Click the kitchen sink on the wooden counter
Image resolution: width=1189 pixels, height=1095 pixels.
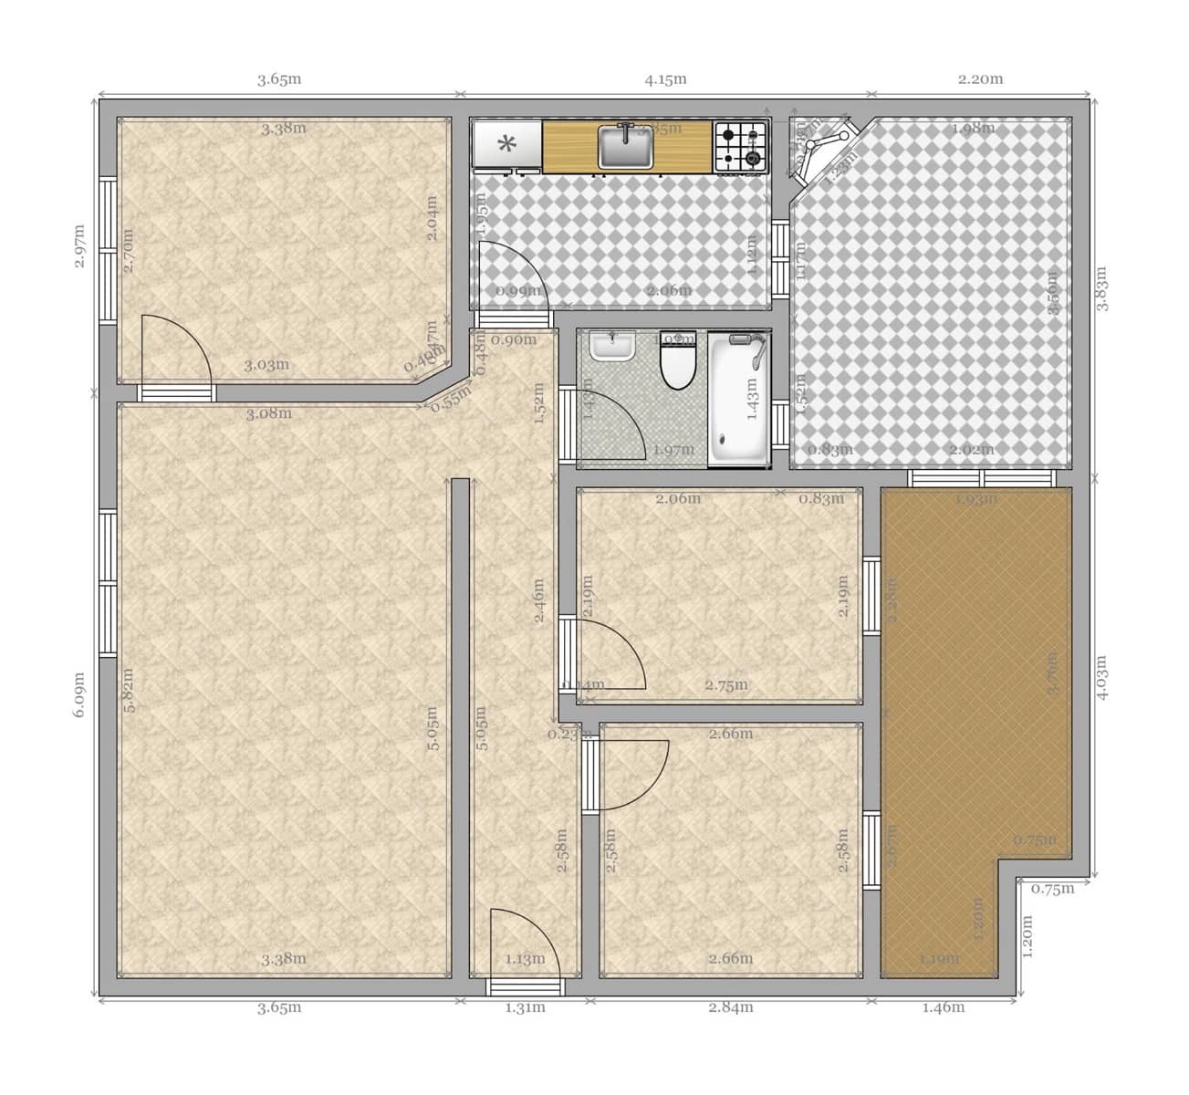pos(626,146)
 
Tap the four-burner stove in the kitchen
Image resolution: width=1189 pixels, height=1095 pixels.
pos(740,147)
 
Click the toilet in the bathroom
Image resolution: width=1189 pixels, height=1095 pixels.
pos(677,362)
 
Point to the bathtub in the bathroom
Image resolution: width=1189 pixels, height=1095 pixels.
pos(738,399)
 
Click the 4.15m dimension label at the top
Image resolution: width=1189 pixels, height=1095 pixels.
pos(665,79)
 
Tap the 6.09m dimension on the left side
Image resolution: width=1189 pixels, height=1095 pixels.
pos(78,695)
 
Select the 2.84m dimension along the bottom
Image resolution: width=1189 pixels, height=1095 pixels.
pos(731,1007)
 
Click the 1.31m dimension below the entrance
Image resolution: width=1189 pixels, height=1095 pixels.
pos(525,1007)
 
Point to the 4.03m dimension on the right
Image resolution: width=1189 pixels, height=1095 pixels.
pos(1101,677)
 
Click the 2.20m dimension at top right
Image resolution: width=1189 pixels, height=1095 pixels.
pos(980,79)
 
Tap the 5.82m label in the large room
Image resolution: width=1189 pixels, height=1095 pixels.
pos(129,691)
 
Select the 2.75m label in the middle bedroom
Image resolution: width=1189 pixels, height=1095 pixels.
pos(726,685)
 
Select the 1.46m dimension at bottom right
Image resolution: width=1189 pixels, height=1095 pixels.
pos(943,1007)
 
